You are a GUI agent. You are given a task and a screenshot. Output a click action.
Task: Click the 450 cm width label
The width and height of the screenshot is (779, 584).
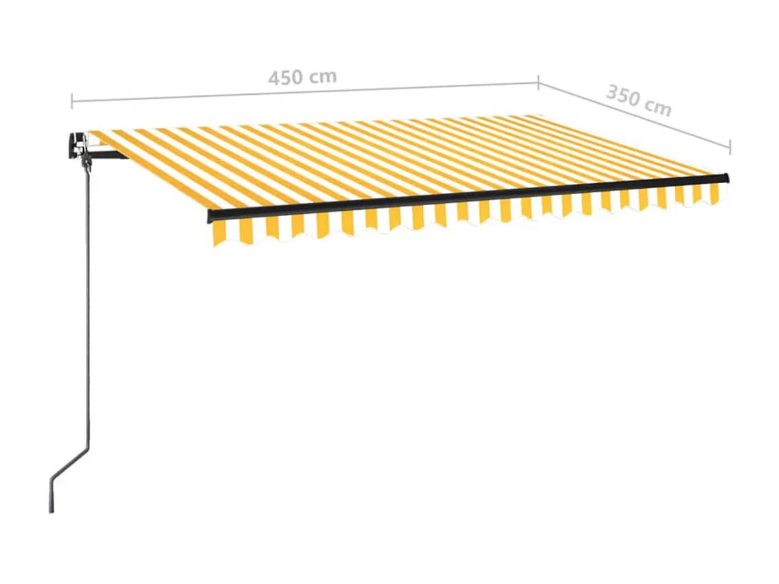click(x=302, y=77)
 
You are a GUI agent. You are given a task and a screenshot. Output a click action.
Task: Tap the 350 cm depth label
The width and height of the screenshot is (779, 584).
click(x=638, y=100)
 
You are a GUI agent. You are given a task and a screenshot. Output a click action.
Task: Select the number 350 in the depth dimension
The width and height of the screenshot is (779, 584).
click(x=624, y=95)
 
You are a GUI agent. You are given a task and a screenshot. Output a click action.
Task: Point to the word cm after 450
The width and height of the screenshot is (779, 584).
click(x=322, y=75)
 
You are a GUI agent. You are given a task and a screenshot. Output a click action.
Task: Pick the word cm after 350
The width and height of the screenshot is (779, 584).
click(x=658, y=107)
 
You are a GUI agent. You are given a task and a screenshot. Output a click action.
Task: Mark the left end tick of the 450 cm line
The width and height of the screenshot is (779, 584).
click(x=72, y=101)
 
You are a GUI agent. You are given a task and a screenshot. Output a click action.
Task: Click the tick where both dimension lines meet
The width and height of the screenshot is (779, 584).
click(x=538, y=82)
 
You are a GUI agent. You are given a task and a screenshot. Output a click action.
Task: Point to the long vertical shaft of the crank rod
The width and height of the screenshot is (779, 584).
click(x=88, y=308)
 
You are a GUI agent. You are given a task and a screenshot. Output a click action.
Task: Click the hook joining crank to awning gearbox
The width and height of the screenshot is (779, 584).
click(x=86, y=163)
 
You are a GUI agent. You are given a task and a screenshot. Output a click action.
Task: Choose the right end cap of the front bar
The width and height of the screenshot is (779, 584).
click(x=726, y=178)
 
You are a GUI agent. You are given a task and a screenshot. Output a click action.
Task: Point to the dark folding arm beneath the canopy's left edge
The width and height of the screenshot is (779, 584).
click(x=110, y=155)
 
